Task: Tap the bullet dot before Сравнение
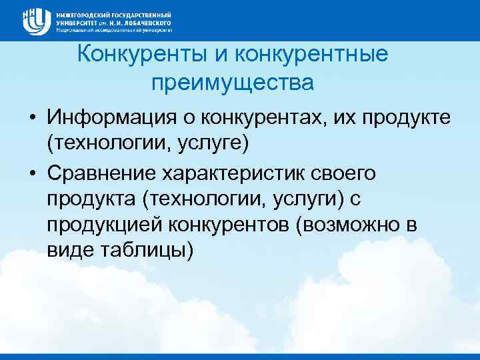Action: pyautogui.click(x=31, y=174)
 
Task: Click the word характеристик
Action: pyautogui.click(x=239, y=174)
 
